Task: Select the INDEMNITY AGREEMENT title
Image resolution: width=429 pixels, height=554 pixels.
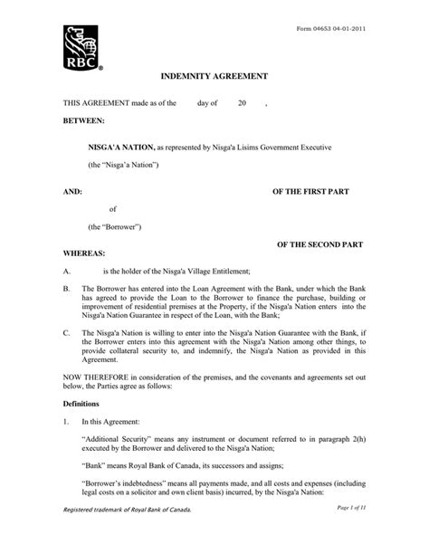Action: click(214, 80)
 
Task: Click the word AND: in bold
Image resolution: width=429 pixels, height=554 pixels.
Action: click(71, 192)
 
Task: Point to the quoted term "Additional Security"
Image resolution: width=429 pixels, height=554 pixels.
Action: click(120, 438)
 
